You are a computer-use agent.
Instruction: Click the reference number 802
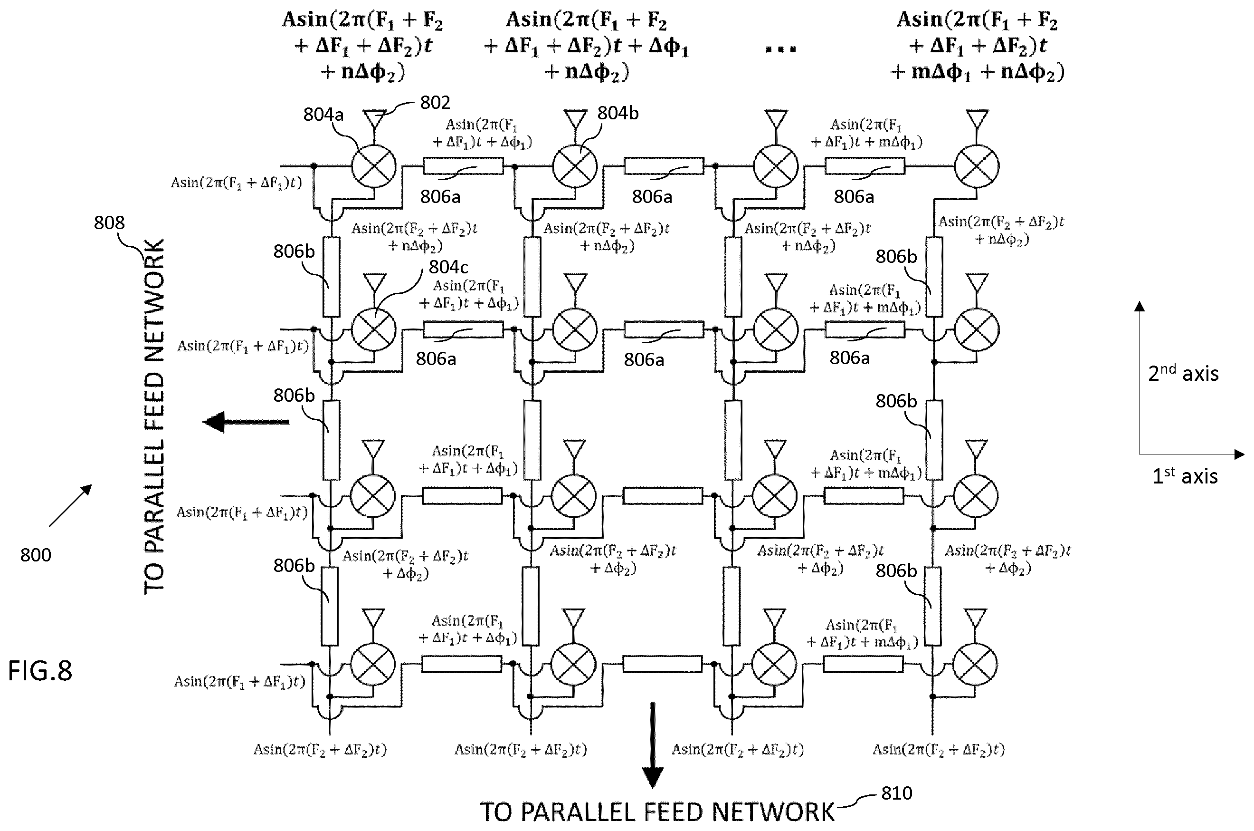coord(435,102)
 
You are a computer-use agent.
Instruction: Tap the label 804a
coord(323,114)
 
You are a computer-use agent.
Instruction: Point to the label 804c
coord(448,267)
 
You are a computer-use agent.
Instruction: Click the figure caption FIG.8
coord(40,670)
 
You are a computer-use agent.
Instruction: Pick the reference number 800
coord(36,555)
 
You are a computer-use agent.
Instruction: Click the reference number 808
coord(109,222)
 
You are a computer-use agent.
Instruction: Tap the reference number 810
coord(896,793)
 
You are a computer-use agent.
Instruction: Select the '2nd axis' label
coord(1183,373)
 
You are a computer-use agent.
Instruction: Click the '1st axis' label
coord(1185,476)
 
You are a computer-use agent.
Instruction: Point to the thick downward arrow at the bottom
coord(653,744)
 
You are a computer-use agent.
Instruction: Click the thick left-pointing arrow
coord(246,422)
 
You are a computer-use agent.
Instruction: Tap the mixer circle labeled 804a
coord(374,166)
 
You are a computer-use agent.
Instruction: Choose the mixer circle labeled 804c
coord(374,329)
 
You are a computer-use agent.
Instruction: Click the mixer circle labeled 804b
coord(575,166)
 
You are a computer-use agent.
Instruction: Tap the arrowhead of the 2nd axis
coord(1140,306)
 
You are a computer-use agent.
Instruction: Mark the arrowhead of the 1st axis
coord(1239,454)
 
